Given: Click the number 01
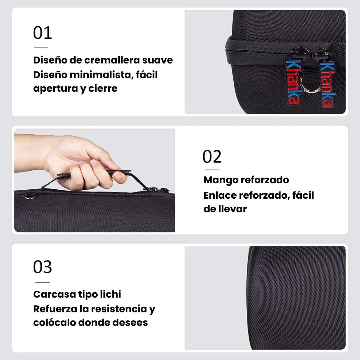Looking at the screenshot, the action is (x=42, y=33).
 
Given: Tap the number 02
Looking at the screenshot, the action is (x=212, y=156).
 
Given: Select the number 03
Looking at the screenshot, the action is (x=42, y=267).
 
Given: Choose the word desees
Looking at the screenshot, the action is (x=130, y=323).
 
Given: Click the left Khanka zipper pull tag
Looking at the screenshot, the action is (x=293, y=82).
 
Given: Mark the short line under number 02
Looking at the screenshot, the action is (x=212, y=170).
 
